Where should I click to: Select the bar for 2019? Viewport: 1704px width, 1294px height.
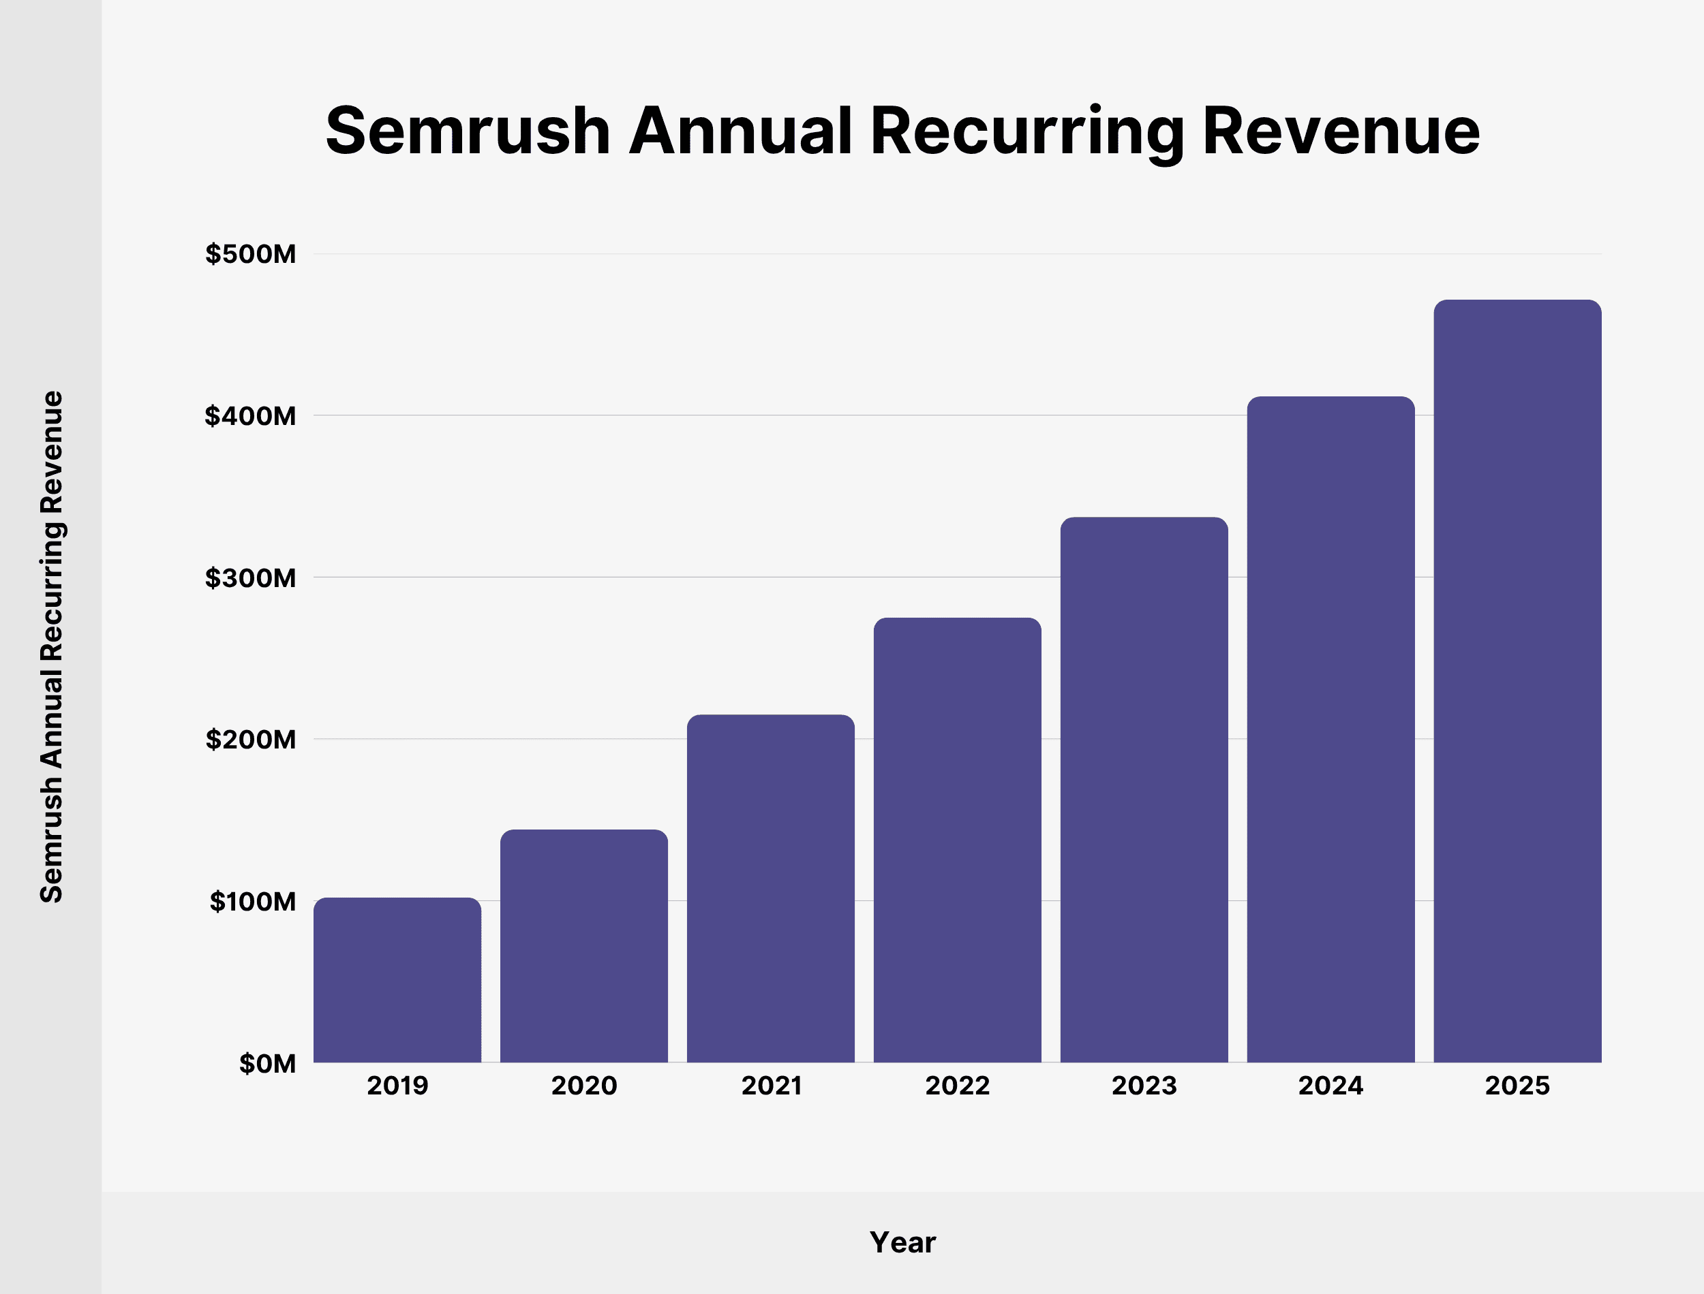pos(397,980)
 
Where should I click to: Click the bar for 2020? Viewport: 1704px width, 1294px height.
pos(583,946)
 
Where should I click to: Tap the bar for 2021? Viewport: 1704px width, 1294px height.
pos(771,888)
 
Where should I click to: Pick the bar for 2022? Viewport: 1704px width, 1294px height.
pos(957,840)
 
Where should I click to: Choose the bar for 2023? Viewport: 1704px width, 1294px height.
pos(1144,789)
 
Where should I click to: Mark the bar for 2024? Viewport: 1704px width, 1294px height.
pos(1330,729)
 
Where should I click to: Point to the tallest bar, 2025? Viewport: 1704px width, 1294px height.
pos(1517,681)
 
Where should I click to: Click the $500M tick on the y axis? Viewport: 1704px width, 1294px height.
pos(250,254)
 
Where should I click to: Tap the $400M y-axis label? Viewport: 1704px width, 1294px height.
pos(250,416)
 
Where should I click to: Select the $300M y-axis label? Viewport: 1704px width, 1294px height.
pos(250,578)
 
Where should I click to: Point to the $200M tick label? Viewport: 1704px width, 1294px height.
pos(250,740)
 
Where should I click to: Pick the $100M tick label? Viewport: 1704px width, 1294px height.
pos(253,901)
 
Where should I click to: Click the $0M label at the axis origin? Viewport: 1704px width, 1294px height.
pos(267,1064)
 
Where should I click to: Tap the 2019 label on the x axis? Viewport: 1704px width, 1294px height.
pos(397,1086)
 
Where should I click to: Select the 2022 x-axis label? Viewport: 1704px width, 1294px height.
pos(957,1086)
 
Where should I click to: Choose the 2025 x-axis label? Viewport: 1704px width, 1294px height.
pos(1517,1086)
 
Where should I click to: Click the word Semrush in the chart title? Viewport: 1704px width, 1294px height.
pos(468,131)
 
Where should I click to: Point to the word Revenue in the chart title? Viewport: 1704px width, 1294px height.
pos(1341,131)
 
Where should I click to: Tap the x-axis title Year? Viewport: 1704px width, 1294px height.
pos(902,1242)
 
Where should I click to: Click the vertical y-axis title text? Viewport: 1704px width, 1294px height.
pos(52,647)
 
